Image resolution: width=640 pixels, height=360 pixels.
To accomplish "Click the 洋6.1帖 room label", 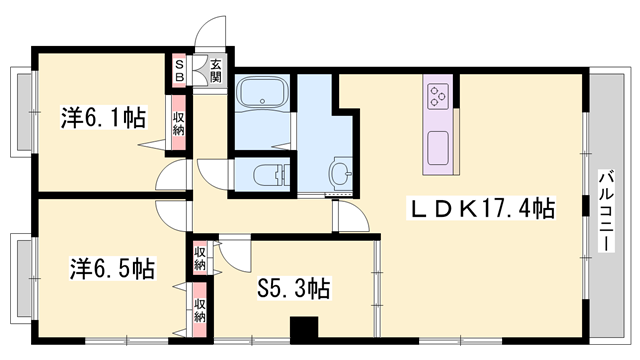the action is (x=103, y=117).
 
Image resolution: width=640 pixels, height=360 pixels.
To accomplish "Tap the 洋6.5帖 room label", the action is (x=112, y=268).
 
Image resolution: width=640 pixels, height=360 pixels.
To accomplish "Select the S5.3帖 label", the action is (x=293, y=289).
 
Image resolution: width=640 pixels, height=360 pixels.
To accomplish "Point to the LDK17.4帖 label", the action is (x=481, y=208).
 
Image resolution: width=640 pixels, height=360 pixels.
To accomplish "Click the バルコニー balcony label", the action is (x=607, y=211).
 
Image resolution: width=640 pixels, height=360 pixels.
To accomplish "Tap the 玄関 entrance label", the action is (x=216, y=71).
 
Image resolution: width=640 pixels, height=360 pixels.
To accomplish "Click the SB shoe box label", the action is (x=179, y=71).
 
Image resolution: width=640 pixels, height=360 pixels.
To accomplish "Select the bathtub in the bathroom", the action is (x=262, y=93).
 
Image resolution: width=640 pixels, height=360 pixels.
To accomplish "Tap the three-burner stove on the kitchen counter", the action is (x=438, y=96).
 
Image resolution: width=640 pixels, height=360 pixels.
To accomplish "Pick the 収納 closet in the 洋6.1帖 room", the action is (x=178, y=123).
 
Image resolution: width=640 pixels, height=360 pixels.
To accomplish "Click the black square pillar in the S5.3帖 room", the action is (x=304, y=327).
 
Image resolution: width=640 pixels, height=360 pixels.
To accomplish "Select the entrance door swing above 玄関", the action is (x=211, y=31).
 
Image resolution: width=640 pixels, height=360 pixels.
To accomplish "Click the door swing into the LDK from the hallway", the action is (x=351, y=217).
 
